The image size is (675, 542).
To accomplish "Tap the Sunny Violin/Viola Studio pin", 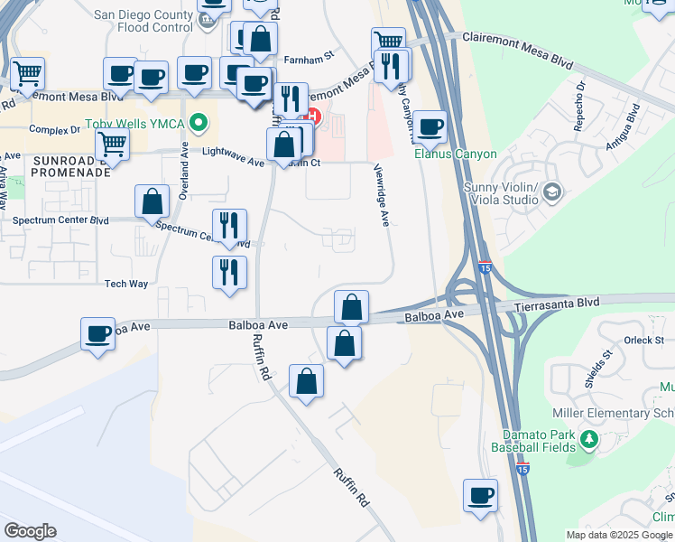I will point(552,192).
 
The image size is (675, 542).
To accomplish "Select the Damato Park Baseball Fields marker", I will point(589,440).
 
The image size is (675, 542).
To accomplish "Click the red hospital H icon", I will point(314,117).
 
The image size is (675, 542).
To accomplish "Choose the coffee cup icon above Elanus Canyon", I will point(430,128).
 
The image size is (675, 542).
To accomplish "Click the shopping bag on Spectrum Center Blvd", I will point(153,202).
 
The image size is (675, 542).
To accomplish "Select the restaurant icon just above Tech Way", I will point(229,271).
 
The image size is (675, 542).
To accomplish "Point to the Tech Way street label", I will point(125,284).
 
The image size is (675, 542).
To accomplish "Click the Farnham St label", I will point(309,55).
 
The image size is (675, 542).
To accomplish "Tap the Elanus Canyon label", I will point(455,154).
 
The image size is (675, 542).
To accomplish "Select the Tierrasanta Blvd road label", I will point(557,306).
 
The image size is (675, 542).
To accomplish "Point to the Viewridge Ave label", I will point(383,200).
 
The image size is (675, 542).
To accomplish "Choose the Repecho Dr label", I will point(581,106).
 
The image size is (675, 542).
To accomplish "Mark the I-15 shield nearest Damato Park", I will point(523,469).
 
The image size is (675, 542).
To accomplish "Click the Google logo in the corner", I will point(30,531).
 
